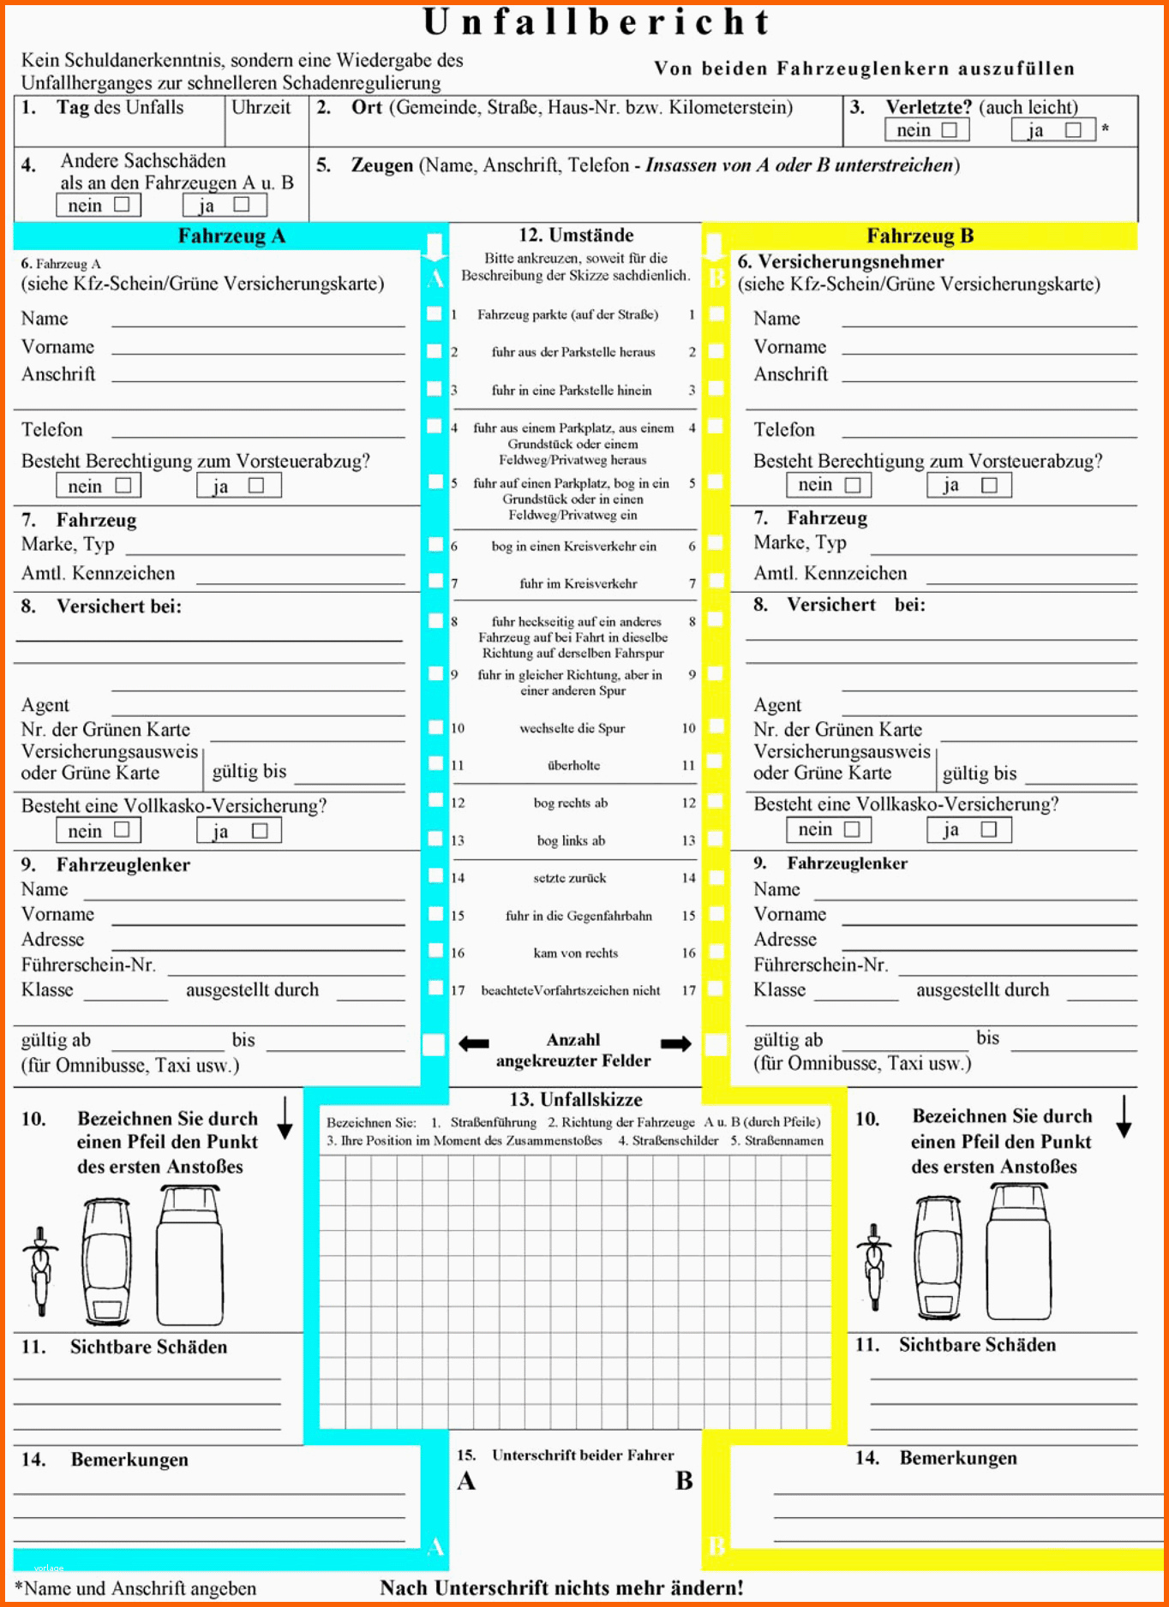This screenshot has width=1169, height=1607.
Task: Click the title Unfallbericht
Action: pos(597,23)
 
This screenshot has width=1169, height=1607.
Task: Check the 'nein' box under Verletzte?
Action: pos(949,130)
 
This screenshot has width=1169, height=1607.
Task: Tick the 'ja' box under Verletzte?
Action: pos(1072,130)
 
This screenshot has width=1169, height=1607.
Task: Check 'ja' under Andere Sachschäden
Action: pos(241,205)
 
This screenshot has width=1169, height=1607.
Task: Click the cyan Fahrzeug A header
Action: pos(231,236)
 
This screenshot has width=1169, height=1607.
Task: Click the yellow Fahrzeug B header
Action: pos(920,236)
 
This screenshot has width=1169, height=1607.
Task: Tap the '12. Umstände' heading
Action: pos(576,236)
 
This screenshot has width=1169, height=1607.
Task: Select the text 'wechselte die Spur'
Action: pos(573,728)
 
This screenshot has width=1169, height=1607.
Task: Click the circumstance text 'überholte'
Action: pos(573,765)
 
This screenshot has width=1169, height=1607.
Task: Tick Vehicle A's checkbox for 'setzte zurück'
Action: pos(435,876)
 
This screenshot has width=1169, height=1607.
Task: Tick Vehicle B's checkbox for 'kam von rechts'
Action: pos(716,951)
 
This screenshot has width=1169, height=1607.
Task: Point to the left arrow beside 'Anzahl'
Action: pos(474,1043)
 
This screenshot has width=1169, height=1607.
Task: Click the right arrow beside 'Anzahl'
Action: pos(675,1043)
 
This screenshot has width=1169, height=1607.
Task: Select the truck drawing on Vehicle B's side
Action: pos(1018,1251)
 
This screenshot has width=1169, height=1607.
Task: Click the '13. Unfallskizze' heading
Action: pos(576,1099)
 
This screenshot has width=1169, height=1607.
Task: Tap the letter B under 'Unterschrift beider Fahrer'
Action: pos(684,1481)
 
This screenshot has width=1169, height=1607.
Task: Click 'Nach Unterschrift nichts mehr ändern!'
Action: pos(561,1587)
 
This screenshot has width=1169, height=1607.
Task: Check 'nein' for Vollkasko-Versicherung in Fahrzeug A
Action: pos(122,830)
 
